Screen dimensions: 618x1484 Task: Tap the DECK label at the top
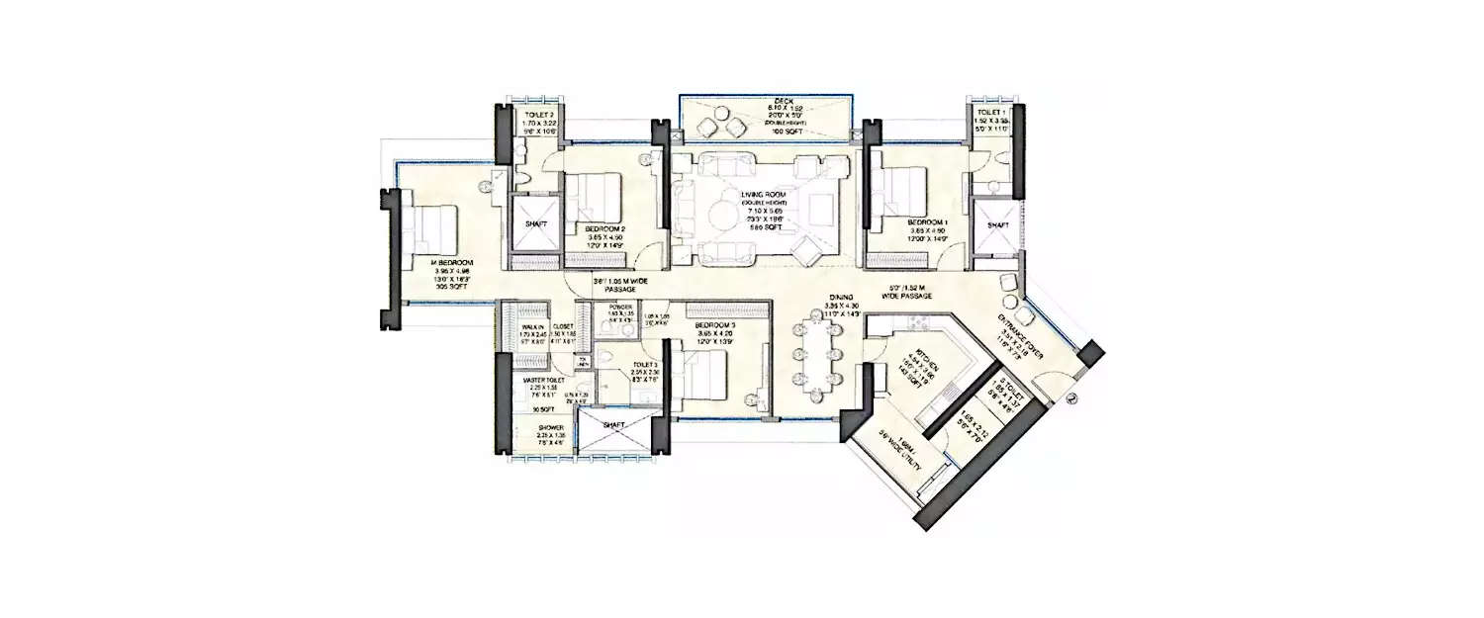click(x=763, y=101)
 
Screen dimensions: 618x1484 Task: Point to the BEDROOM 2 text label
click(x=603, y=227)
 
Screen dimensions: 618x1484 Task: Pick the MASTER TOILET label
click(x=543, y=379)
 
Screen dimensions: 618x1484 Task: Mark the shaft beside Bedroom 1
click(x=996, y=225)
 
